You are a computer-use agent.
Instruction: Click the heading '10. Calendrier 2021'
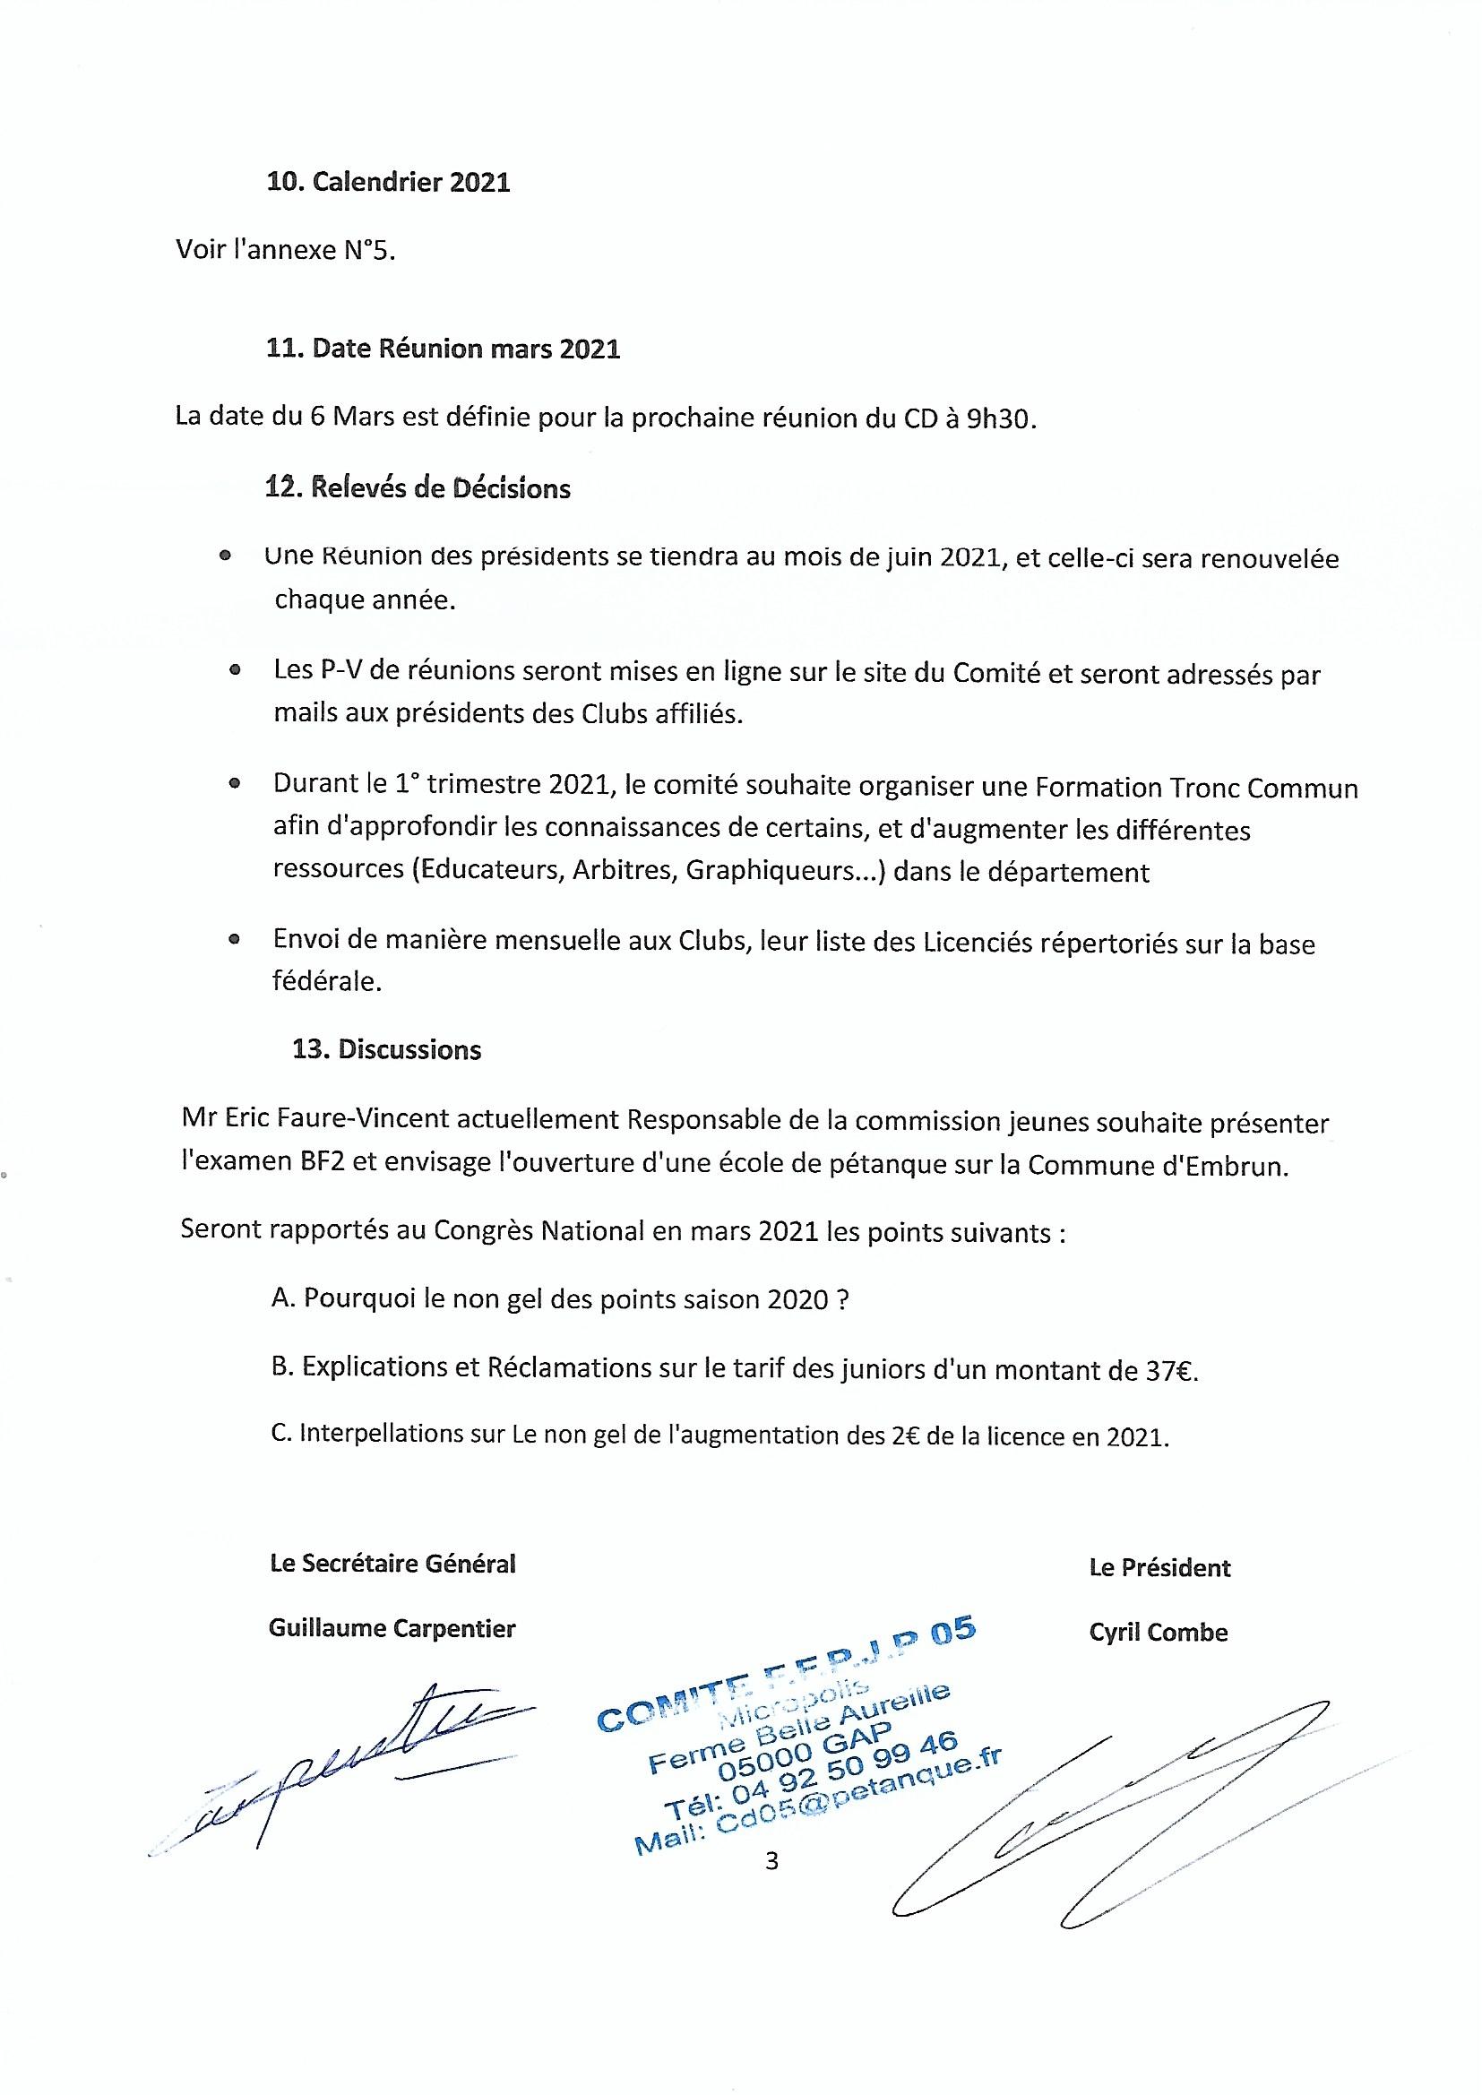click(x=388, y=183)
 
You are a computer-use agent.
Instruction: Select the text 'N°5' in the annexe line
click(x=369, y=250)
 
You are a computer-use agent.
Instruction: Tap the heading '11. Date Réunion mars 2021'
click(x=443, y=349)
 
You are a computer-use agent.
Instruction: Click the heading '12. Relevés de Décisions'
click(x=418, y=488)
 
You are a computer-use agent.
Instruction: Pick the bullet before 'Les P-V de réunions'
click(x=236, y=670)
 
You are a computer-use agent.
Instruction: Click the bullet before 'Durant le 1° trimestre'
click(x=236, y=783)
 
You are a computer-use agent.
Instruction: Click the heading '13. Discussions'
click(x=386, y=1049)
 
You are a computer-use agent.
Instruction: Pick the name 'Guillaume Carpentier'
click(x=392, y=1629)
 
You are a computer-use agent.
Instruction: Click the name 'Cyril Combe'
click(x=1158, y=1633)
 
